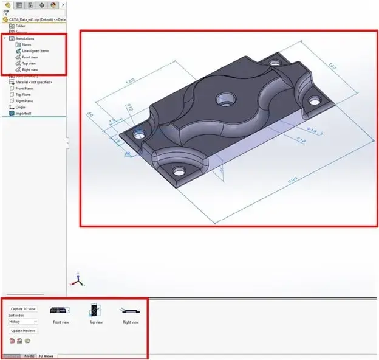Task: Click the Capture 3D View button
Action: click(24, 309)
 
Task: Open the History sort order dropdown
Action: click(24, 321)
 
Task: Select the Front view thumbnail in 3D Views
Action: click(61, 311)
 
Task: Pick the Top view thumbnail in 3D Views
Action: click(96, 311)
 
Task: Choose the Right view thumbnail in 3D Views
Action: click(130, 311)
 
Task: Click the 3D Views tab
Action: click(46, 355)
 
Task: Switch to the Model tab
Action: click(29, 355)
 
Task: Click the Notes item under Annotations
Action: click(26, 45)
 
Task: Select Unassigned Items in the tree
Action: click(35, 51)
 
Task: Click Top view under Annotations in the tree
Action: click(29, 63)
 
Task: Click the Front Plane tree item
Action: click(25, 88)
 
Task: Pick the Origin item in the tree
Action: click(20, 107)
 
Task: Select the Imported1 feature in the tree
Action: click(24, 113)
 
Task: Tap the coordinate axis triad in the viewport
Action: click(77, 280)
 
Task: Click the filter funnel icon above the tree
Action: click(6, 12)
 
